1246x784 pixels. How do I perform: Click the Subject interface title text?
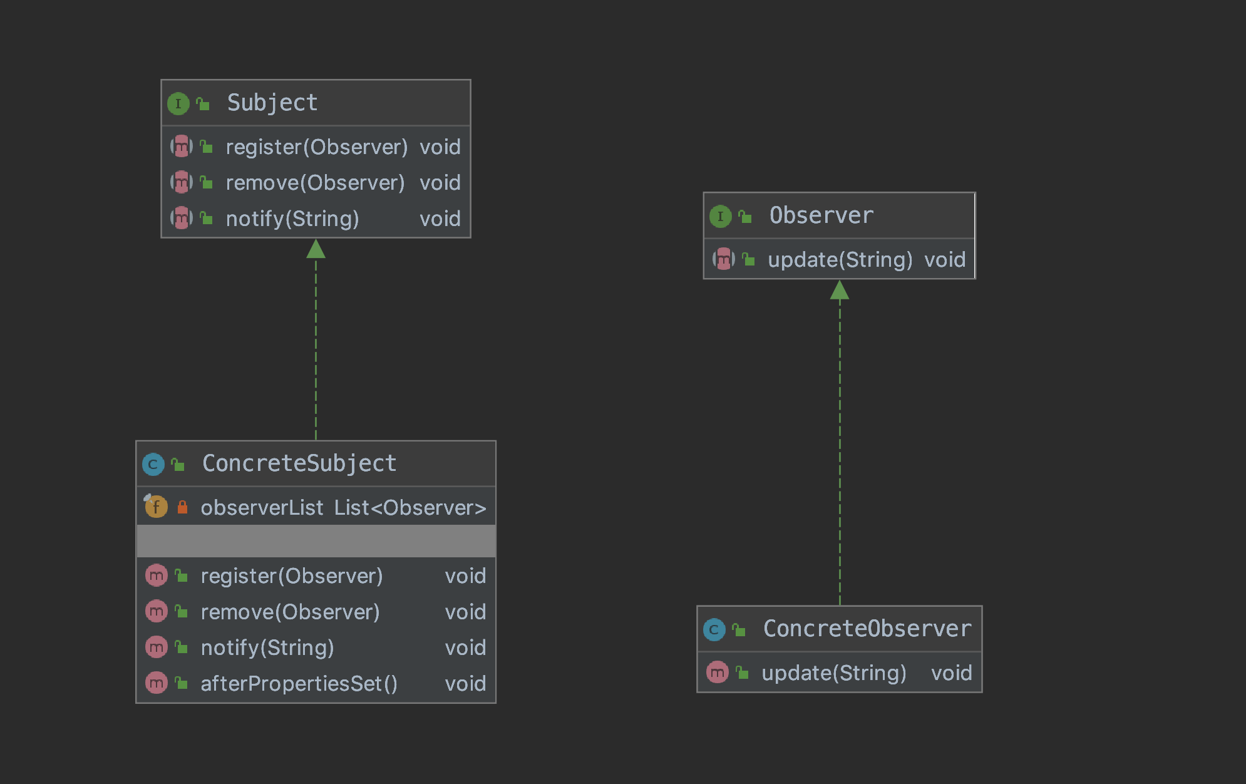tap(272, 103)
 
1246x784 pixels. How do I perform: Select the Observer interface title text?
tap(821, 215)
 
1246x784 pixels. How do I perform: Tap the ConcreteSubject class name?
tap(299, 463)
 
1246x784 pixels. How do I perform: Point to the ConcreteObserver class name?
tap(867, 629)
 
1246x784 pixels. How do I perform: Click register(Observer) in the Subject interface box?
tap(317, 147)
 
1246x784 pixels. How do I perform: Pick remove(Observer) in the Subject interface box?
tap(315, 183)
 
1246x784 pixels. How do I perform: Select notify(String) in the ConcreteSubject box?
tap(267, 647)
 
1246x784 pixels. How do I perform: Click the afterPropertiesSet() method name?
tap(299, 683)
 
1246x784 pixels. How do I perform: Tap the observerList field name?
tap(262, 508)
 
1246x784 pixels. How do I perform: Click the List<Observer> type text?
tap(410, 508)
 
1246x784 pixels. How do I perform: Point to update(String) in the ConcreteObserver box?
tap(834, 673)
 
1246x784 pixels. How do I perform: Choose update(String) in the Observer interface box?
tap(840, 260)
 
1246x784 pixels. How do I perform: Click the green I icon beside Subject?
tap(178, 103)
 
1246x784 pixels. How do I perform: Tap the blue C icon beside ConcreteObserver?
tap(714, 629)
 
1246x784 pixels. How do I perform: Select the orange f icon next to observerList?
tap(156, 506)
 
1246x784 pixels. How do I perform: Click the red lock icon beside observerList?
tap(182, 507)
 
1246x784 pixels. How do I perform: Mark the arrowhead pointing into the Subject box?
tap(316, 249)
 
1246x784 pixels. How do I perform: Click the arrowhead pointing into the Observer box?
tap(840, 290)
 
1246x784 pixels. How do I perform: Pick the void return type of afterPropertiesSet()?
tap(465, 683)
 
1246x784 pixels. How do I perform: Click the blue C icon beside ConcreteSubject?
tap(153, 464)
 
